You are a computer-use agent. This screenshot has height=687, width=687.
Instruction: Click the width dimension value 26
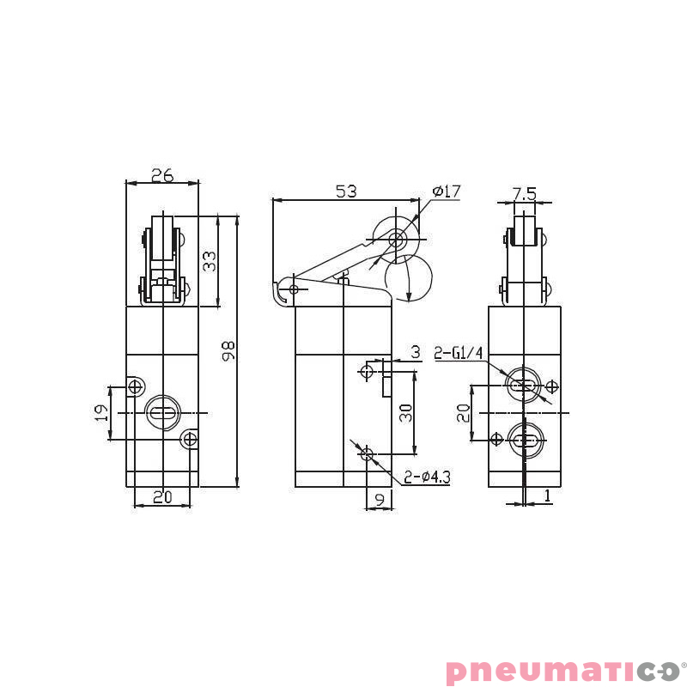pos(161,175)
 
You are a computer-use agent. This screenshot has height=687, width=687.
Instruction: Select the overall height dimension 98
pos(228,350)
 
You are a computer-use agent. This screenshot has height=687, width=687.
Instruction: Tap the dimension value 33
pos(209,260)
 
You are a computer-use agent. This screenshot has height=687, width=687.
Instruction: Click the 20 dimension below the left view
pos(161,496)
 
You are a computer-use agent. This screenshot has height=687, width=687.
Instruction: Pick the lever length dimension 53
pos(345,192)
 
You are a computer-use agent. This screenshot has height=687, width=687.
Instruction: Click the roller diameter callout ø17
pos(447,191)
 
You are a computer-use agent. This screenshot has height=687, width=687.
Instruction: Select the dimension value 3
pos(415,352)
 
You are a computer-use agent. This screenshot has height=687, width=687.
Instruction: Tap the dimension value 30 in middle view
pos(406,413)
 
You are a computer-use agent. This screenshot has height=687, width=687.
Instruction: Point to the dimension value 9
pos(379,497)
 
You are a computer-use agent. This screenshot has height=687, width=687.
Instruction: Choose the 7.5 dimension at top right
pos(524,194)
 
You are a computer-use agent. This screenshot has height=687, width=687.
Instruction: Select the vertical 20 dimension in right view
pos(464,413)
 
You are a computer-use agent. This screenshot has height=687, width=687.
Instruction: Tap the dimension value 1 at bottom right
pos(547,495)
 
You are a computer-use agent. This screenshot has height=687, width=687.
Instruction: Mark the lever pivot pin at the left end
pos(294,289)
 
